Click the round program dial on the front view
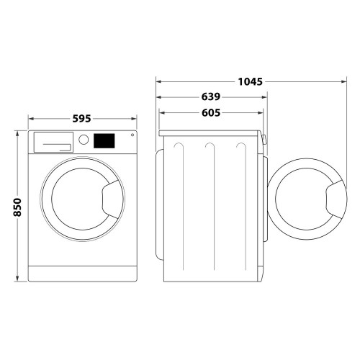84,140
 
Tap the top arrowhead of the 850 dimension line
19,133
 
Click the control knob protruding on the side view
264,140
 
